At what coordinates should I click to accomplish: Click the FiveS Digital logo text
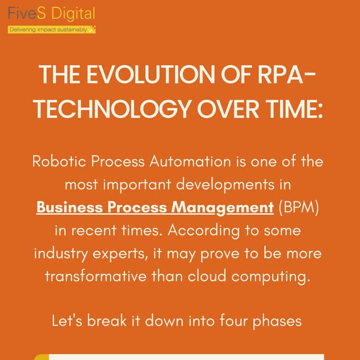tap(51, 14)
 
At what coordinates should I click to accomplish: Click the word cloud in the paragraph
tap(209, 277)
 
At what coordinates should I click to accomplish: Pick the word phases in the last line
tap(281, 322)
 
